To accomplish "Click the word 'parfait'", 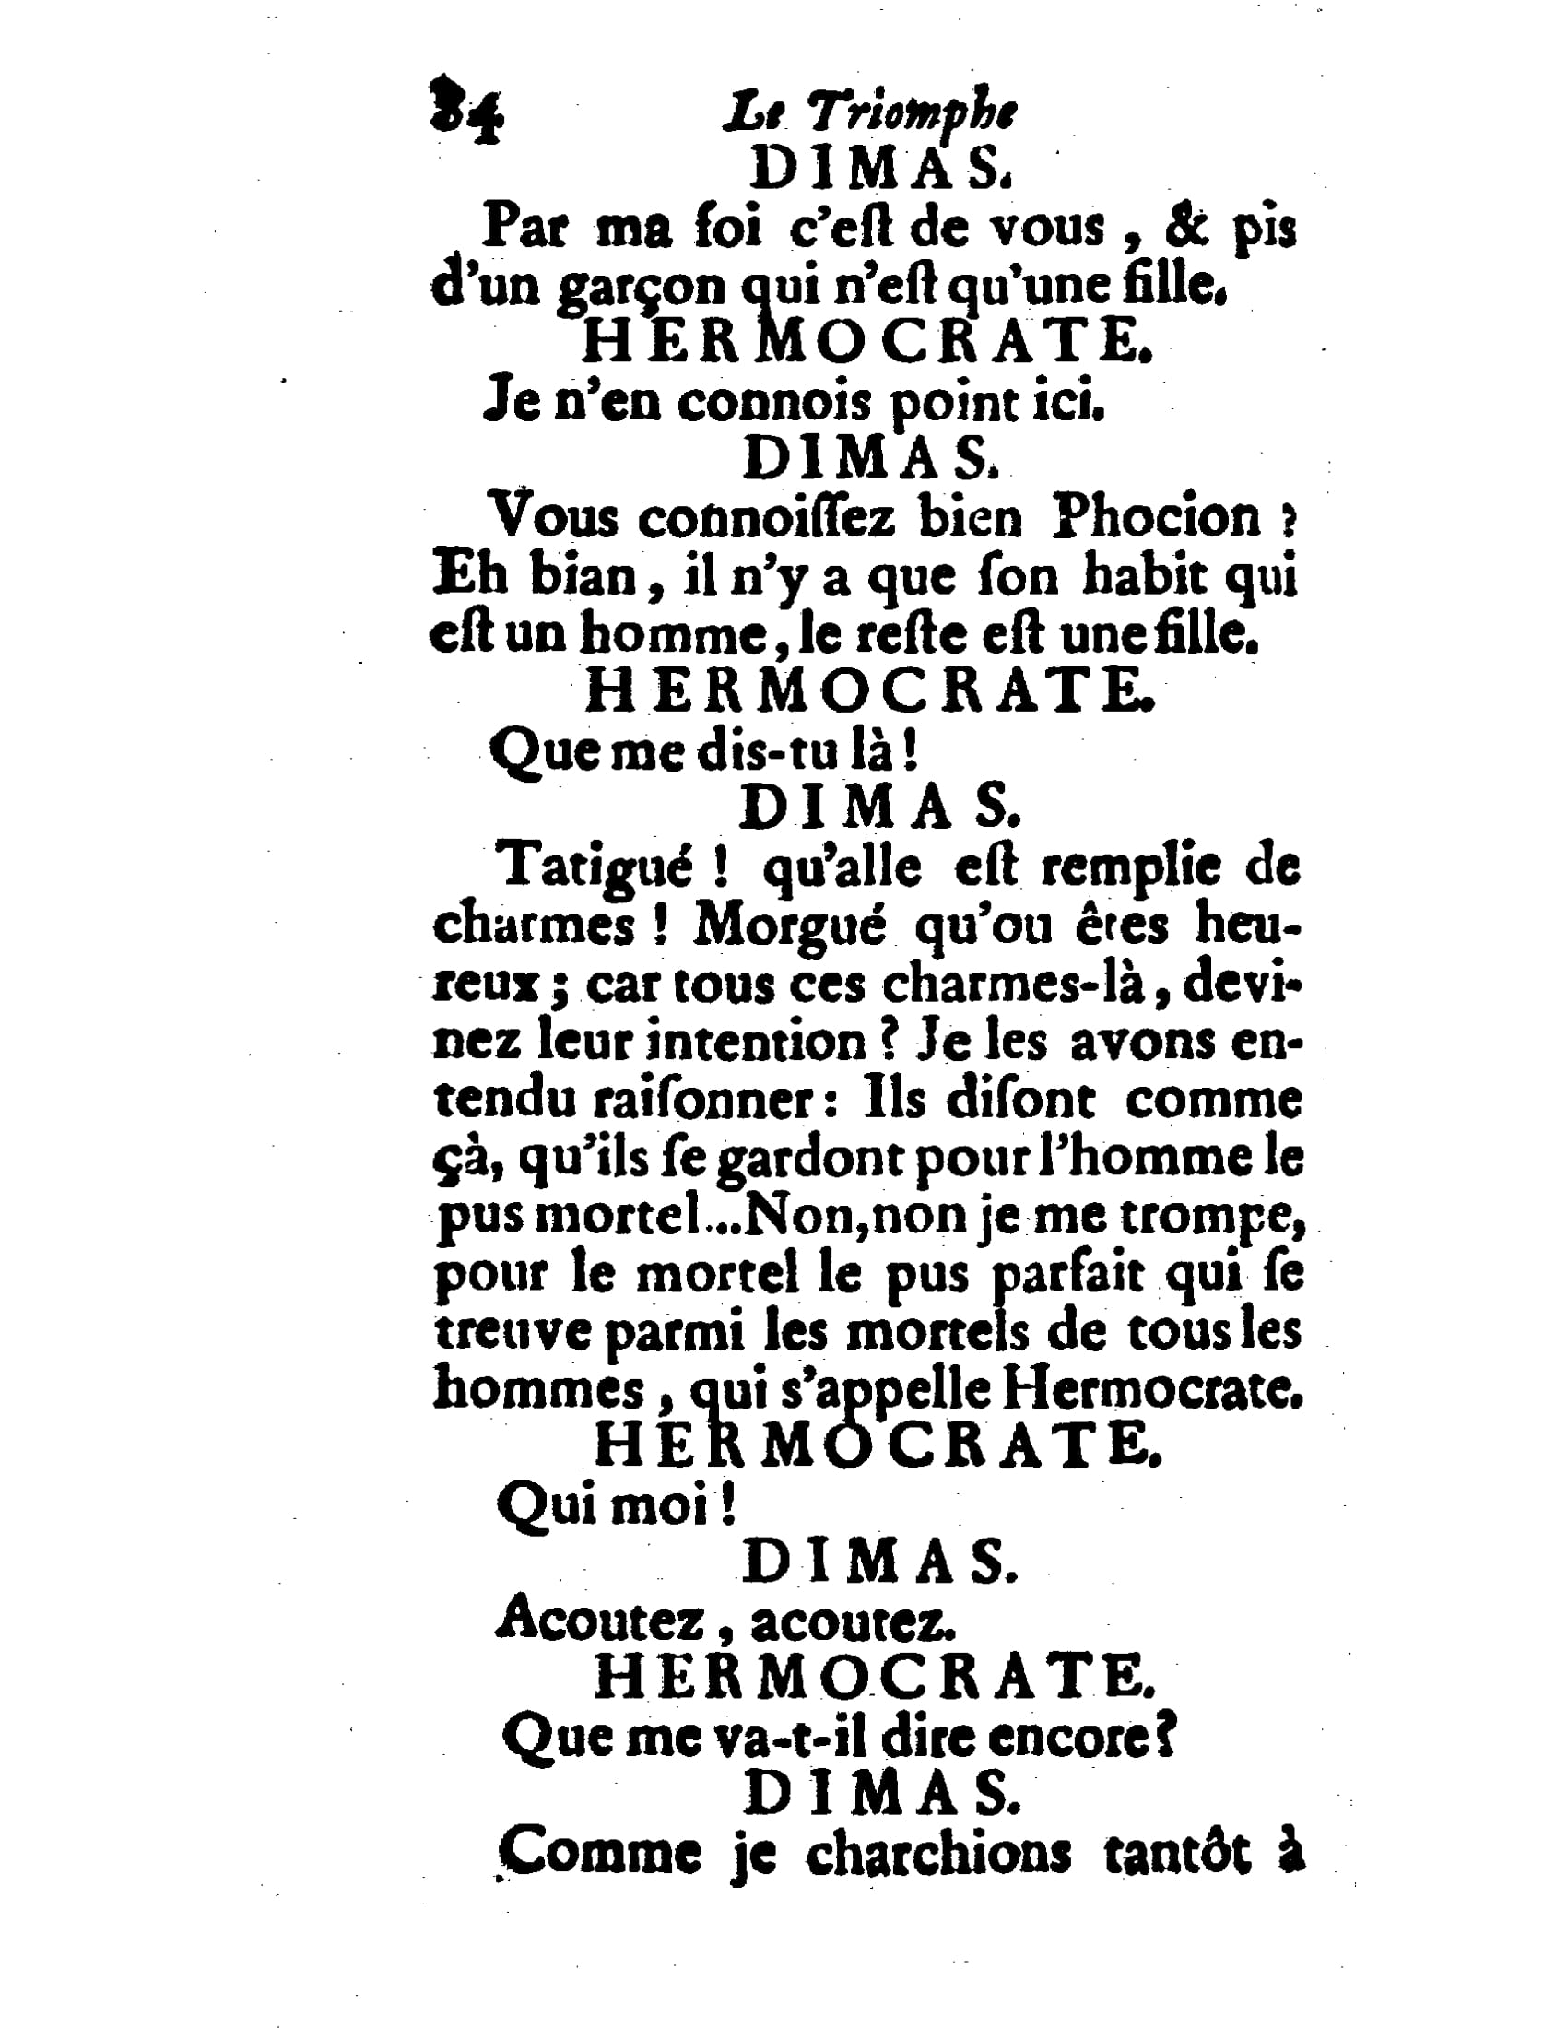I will click(x=1068, y=1275).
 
